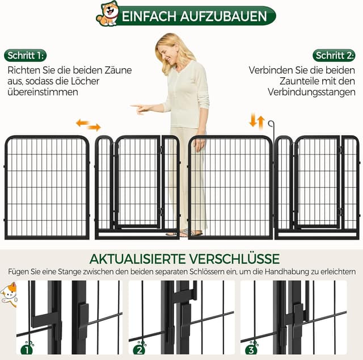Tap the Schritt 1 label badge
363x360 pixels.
click(26, 56)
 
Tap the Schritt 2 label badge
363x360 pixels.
click(335, 56)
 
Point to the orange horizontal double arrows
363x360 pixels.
click(88, 124)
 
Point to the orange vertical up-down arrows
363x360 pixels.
click(257, 121)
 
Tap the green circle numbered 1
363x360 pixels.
click(26, 350)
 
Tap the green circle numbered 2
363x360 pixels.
click(140, 350)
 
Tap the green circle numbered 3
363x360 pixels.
click(251, 350)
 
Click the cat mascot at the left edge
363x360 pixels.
click(8, 294)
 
